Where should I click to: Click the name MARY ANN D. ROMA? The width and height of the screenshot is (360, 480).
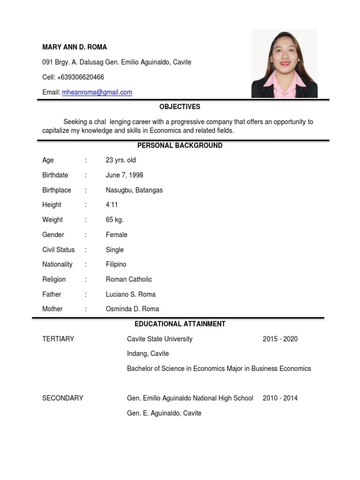tap(75, 47)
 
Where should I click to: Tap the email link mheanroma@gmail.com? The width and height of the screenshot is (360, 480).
tap(97, 92)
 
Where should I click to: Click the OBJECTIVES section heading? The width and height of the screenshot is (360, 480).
tap(180, 107)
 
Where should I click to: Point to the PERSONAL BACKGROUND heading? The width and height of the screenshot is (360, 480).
tap(180, 146)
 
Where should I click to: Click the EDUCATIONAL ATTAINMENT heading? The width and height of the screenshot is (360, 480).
tap(180, 324)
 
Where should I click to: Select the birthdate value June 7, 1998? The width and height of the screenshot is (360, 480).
tap(125, 175)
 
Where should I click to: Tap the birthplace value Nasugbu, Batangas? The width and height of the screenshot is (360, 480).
tap(134, 190)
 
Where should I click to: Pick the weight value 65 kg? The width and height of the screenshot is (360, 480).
tap(115, 220)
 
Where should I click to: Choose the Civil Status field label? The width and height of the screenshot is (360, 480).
tap(59, 250)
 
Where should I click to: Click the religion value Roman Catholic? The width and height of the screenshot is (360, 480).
tap(129, 279)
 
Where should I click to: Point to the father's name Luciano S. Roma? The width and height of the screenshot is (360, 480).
tap(131, 294)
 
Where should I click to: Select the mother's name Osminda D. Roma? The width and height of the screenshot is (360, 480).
tap(132, 309)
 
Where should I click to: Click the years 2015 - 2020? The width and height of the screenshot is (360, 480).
tap(280, 339)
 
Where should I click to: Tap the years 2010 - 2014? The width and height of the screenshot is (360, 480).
tap(280, 398)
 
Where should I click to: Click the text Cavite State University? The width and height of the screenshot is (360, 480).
tap(159, 339)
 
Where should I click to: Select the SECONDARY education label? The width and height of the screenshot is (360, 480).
tap(63, 398)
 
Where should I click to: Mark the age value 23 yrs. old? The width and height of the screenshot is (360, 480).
tap(121, 160)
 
